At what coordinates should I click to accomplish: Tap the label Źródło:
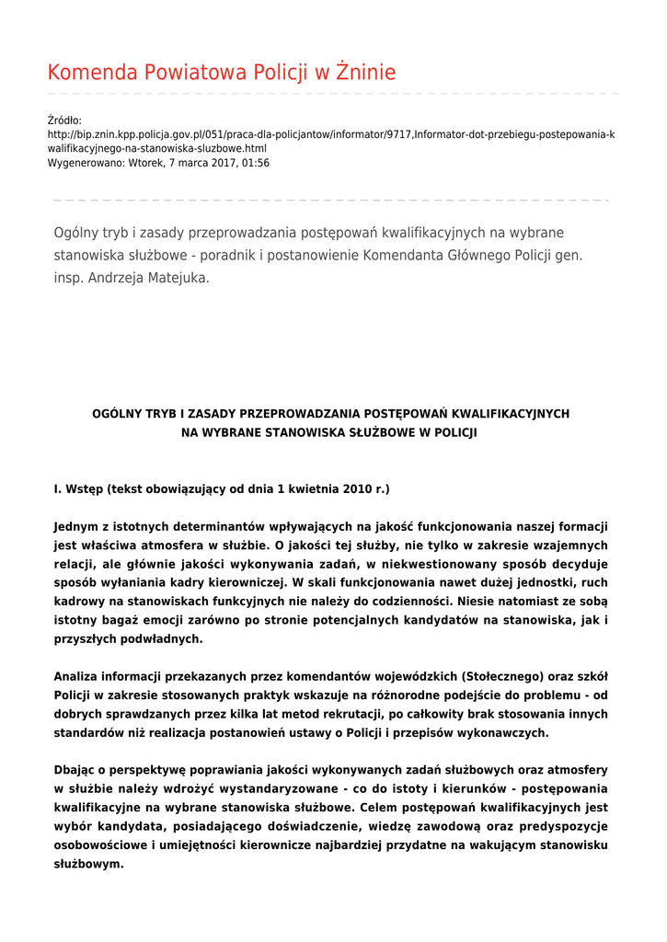(x=64, y=121)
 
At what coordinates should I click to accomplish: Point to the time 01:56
(x=256, y=163)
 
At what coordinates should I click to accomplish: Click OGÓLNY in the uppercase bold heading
(x=117, y=414)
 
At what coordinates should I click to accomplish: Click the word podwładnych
(x=161, y=638)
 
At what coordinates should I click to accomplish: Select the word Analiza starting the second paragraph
(x=77, y=677)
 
